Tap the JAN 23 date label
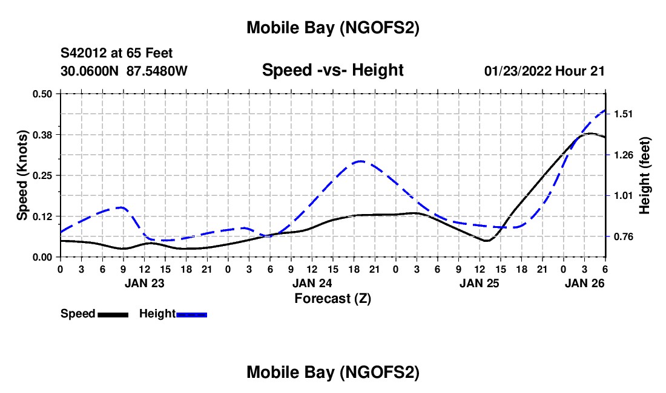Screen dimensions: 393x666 [x=144, y=282]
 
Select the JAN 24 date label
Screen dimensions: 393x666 [x=312, y=282]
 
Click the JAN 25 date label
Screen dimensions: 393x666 [x=480, y=282]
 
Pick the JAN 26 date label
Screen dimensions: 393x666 [x=584, y=282]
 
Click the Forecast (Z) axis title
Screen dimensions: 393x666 [x=332, y=298]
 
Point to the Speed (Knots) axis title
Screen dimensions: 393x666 [x=22, y=175]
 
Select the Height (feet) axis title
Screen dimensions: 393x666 [x=644, y=175]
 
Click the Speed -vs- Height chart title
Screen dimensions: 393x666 [x=332, y=70]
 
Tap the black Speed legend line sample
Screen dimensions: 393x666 [x=113, y=314]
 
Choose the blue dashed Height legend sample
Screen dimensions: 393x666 [x=192, y=314]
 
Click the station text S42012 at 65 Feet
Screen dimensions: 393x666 [x=117, y=54]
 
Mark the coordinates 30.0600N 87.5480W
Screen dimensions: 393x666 [x=124, y=71]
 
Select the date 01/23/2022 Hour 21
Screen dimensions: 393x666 [x=544, y=71]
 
